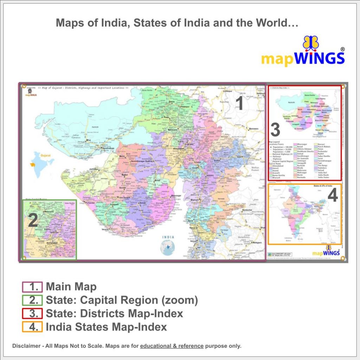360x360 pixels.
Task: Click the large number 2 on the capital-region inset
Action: pos(33,221)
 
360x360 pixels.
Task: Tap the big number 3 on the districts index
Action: pos(275,130)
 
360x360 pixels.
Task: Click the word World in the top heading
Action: pos(272,24)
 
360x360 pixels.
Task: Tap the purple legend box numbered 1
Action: pos(32,287)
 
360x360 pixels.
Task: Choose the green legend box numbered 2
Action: pos(32,300)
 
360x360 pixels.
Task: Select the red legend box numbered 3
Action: pos(32,314)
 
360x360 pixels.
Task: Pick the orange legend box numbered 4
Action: pos(32,327)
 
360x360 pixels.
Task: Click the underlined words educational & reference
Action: pos(172,346)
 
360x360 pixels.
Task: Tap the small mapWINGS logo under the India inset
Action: pos(326,252)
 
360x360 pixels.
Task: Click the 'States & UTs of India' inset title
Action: pos(323,186)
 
